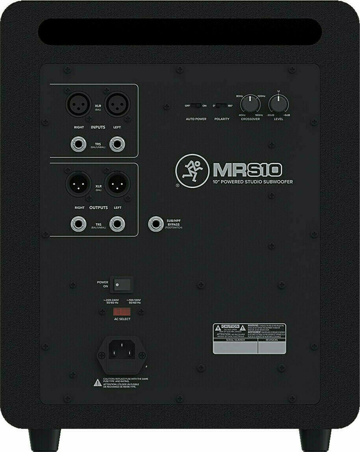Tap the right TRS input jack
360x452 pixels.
(78, 144)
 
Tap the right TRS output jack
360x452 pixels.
(78, 224)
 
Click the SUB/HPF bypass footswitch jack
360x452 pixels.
(155, 224)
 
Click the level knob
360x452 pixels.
(278, 104)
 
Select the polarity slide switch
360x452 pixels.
(222, 106)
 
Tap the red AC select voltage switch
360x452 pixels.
(122, 312)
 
